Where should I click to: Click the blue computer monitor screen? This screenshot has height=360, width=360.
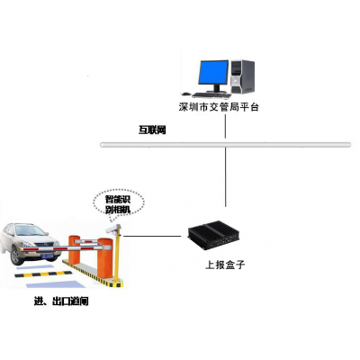(213, 72)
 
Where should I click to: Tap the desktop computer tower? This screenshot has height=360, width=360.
(242, 76)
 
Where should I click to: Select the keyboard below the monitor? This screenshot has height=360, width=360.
(211, 95)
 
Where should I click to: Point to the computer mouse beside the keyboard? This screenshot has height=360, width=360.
(186, 94)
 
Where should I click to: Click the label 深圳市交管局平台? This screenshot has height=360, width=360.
(219, 107)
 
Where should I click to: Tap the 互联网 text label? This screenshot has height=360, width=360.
(152, 130)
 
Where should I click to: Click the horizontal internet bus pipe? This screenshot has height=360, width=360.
(225, 145)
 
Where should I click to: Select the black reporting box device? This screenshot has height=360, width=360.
(214, 235)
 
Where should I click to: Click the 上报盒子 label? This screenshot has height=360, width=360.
(225, 265)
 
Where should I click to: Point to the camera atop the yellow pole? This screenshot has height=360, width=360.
(113, 229)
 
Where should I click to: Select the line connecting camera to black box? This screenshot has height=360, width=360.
(152, 236)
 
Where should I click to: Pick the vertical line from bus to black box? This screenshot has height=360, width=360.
(226, 177)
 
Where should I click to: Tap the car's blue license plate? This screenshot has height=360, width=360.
(47, 256)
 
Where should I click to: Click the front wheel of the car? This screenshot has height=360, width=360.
(16, 256)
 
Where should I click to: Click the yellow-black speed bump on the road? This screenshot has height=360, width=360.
(43, 274)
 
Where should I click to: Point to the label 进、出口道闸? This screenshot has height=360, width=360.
(61, 301)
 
